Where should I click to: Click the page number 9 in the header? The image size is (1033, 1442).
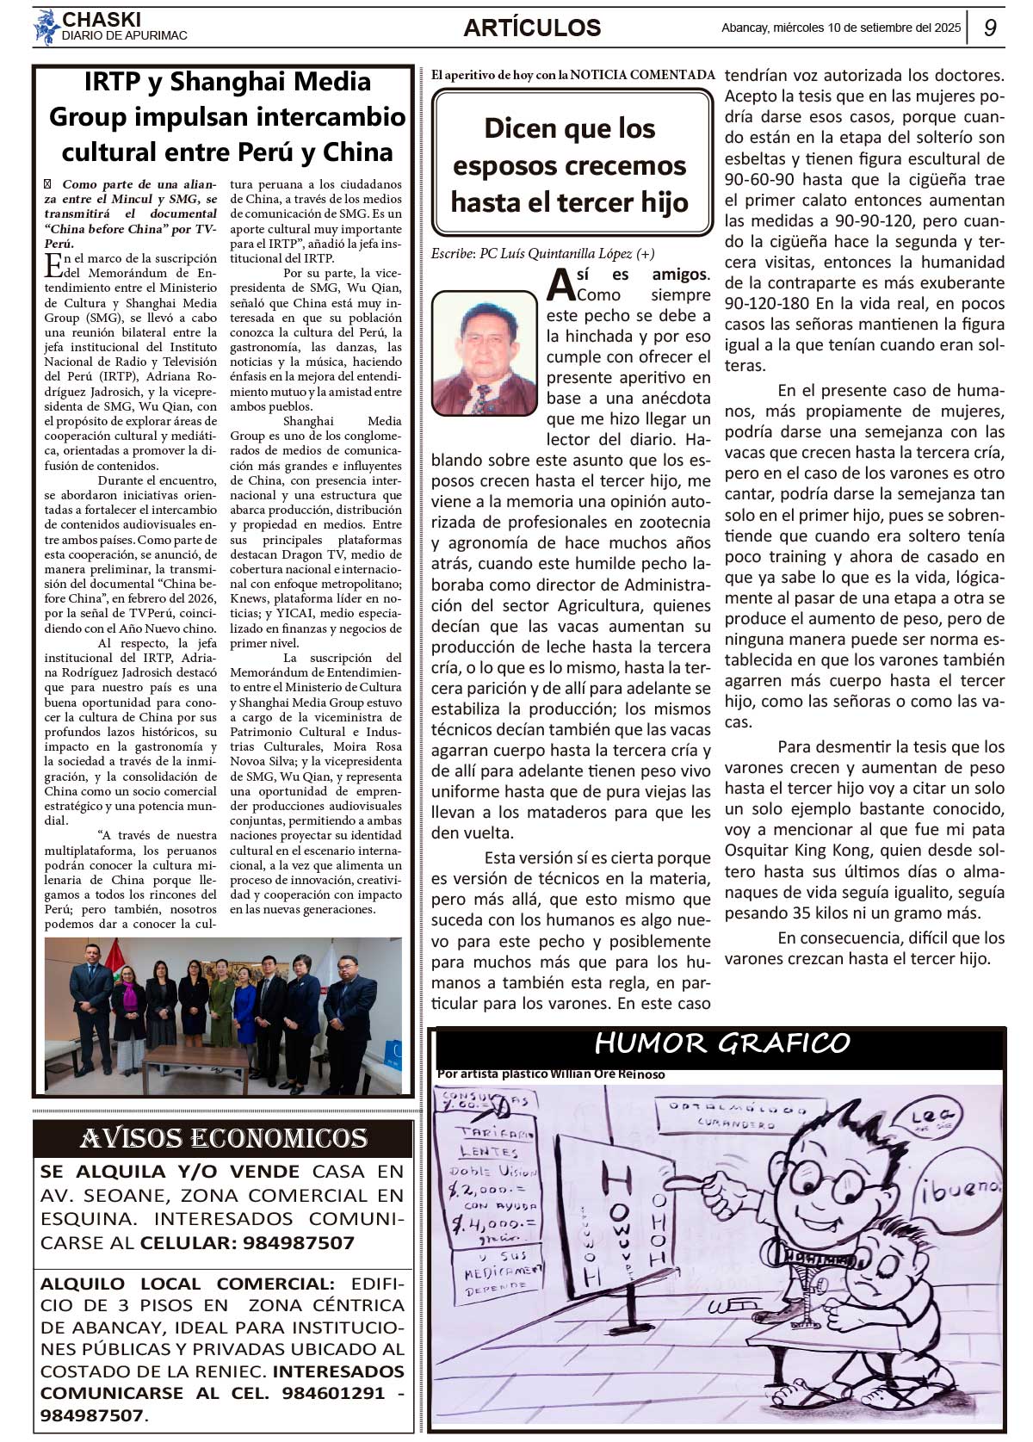coord(990,28)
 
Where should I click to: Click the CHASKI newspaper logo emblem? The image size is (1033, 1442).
coord(46,27)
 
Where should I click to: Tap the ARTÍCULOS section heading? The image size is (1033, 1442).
coord(532,28)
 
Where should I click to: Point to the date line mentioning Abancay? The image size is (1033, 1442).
coord(840,28)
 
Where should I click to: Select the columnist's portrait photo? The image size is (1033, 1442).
coord(484,353)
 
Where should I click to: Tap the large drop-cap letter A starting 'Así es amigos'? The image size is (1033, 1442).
coord(560,285)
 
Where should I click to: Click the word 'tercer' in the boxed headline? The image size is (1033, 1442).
coord(593,202)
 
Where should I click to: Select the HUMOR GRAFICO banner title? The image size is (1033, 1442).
coord(721,1043)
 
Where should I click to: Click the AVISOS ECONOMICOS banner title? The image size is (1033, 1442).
coord(224,1138)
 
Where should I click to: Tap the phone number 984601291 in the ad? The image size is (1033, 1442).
coord(335,1392)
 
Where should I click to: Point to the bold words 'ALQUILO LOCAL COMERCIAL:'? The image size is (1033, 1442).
coord(188,1284)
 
